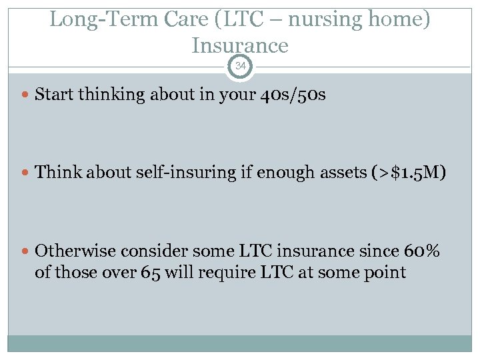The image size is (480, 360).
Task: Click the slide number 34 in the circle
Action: [240, 65]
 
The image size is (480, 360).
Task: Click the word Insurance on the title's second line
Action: [240, 45]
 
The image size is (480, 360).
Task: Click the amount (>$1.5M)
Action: [409, 172]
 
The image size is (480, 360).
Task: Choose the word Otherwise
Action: [73, 251]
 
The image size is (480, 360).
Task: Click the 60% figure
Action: [421, 251]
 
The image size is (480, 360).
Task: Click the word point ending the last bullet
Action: [385, 272]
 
